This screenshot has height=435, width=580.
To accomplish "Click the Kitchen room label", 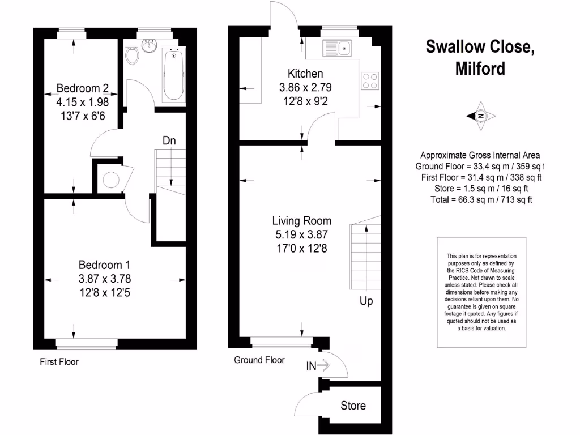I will [305, 74].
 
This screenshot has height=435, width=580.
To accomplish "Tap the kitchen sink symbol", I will [337, 49].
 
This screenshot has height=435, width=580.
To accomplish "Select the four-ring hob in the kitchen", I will [370, 81].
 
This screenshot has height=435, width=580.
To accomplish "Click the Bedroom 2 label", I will [82, 88].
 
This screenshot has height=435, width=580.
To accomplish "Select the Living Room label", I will [301, 221].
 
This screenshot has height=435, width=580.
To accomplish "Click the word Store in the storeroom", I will [353, 406].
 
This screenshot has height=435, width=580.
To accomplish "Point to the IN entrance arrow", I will [318, 366].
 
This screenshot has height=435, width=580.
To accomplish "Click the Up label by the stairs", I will [366, 301].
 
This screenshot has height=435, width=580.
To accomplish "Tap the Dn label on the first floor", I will [169, 140].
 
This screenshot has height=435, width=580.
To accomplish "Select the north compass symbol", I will [481, 116].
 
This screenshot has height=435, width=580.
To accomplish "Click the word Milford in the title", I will [480, 69].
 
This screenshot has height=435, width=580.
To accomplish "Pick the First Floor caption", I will [59, 361].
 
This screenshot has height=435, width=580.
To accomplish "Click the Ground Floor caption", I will [259, 360].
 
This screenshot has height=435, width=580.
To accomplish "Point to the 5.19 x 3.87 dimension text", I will [301, 234].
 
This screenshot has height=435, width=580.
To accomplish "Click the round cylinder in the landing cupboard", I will [110, 180].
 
